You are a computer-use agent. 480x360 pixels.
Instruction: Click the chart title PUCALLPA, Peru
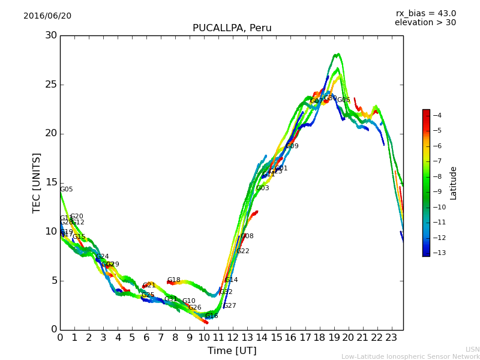(232, 28)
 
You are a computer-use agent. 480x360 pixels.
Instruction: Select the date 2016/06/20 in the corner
(47, 16)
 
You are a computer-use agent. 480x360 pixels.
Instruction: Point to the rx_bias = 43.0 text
(425, 14)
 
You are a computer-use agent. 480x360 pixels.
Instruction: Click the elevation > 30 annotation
(425, 23)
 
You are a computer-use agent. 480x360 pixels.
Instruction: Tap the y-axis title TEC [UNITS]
(37, 182)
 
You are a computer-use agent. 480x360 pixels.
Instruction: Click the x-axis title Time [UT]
(232, 351)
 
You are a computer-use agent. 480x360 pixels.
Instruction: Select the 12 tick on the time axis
(233, 338)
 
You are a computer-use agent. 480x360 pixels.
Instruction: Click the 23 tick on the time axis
(391, 338)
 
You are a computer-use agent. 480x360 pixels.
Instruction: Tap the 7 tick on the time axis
(161, 338)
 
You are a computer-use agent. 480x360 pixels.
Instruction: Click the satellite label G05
(66, 190)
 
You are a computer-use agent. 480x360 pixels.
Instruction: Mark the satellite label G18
(173, 280)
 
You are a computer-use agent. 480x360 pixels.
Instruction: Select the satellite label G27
(229, 306)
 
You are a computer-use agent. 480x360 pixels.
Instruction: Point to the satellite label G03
(262, 188)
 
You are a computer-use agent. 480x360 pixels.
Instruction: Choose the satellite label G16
(211, 316)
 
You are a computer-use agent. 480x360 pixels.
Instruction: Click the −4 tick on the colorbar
(437, 115)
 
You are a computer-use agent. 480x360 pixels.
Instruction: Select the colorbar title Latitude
(454, 183)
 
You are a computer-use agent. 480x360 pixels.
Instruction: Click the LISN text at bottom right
(472, 349)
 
